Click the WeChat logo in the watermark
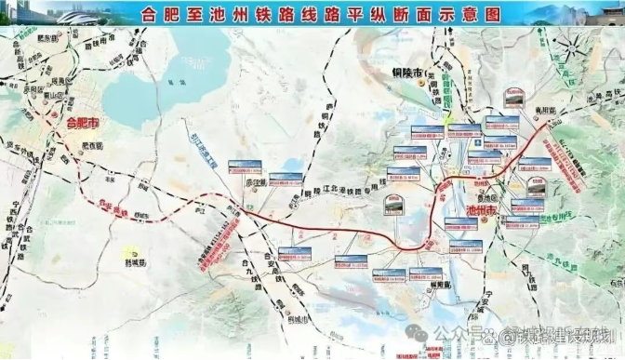point(421,332)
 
